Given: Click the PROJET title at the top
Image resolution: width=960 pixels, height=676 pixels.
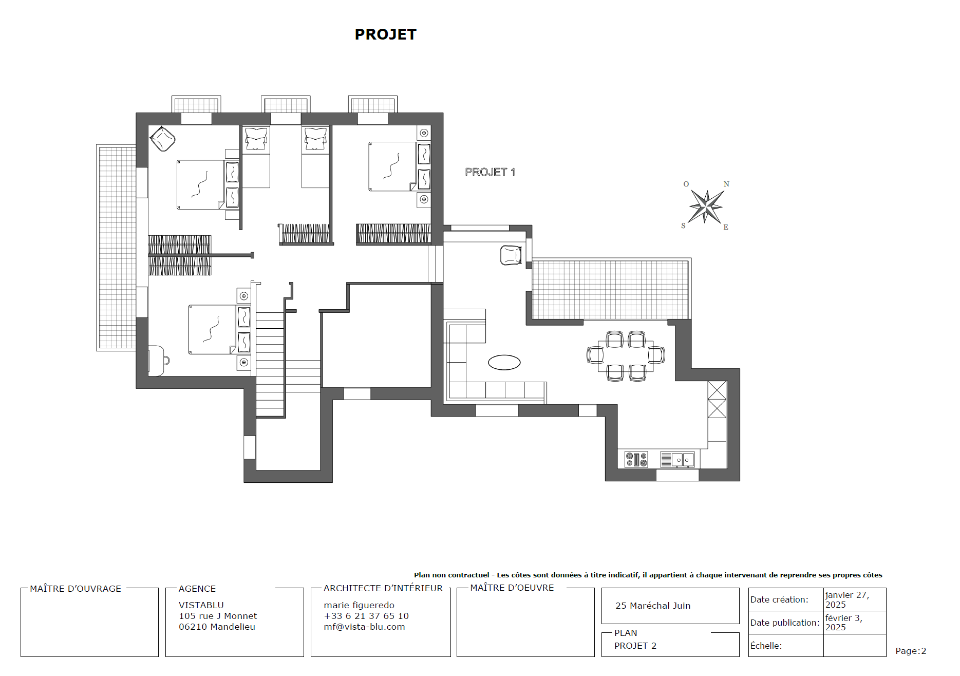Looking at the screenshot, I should tap(385, 34).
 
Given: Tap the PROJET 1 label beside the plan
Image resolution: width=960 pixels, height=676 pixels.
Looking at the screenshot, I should tap(490, 172).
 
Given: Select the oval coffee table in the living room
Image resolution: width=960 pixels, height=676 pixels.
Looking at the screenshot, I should tap(504, 363).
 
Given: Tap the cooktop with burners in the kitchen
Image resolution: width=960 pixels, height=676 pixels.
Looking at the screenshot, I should tap(636, 459).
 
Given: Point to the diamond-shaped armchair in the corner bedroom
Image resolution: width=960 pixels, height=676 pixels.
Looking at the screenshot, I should tap(162, 139).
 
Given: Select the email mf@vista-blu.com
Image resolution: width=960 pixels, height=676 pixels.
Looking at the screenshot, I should tap(364, 627).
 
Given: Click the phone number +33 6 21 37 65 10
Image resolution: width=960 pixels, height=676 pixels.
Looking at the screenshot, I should tap(366, 616).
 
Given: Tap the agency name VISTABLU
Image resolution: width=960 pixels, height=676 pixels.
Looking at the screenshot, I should tap(201, 605).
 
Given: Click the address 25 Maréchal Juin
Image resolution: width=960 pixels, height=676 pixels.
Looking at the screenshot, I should tap(653, 606).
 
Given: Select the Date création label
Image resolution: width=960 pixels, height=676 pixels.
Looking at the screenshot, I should tap(779, 599).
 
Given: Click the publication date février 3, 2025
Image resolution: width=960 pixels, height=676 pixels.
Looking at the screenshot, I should tap(843, 623).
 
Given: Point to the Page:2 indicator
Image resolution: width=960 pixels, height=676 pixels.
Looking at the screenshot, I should tap(910, 651).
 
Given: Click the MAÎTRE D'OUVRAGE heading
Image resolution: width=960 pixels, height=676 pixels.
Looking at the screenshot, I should tap(76, 589).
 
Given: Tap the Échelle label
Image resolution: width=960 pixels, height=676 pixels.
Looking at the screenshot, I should tap(766, 646).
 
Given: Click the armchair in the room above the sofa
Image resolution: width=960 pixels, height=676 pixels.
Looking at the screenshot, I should tap(511, 255).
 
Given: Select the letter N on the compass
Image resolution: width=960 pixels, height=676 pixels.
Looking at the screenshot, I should tap(726, 184).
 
